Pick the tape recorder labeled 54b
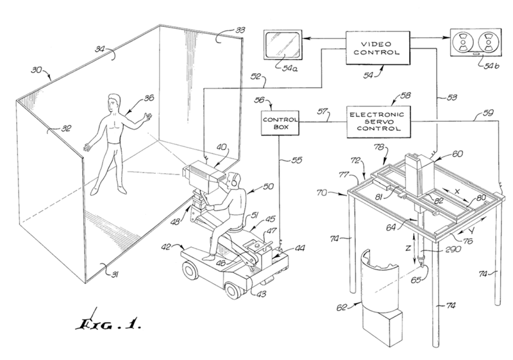tap(475, 45)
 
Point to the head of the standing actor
tap(114, 102)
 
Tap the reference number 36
tap(149, 98)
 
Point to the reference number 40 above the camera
tap(222, 147)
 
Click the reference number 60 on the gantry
tap(456, 155)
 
